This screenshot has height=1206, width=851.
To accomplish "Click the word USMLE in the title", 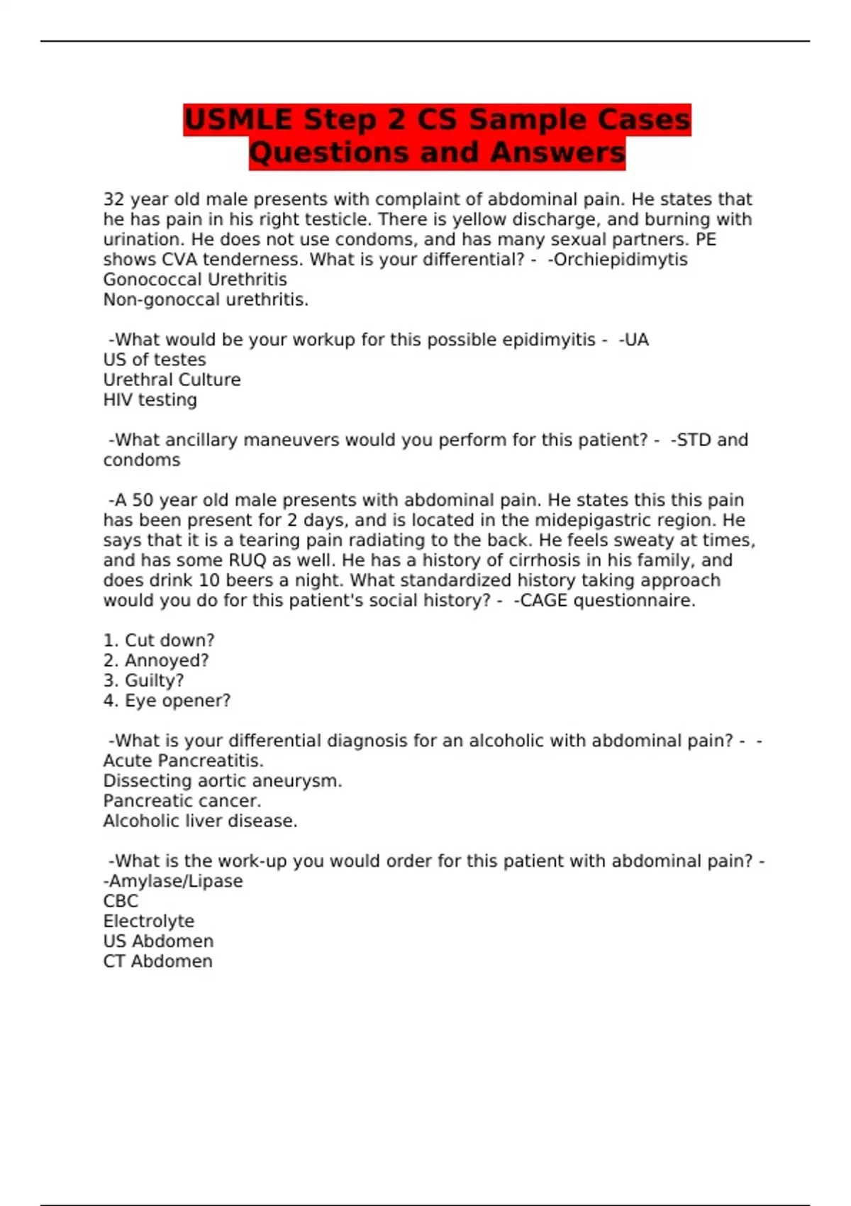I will pos(238,119).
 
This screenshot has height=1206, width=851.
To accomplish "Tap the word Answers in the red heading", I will pos(557,153).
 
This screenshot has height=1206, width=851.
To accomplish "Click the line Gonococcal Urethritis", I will pos(195,280).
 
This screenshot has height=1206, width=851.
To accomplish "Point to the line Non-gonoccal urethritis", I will pos(206,300).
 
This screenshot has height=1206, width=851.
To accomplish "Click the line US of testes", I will pos(155,360).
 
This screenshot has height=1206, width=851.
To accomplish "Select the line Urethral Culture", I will pos(172,380).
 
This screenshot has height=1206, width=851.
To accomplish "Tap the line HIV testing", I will pos(150,400).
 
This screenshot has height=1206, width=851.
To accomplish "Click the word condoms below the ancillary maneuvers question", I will pos(142,460).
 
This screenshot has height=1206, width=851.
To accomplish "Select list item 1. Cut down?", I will pos(159,641).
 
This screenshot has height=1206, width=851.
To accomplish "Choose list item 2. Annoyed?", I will pos(156,660).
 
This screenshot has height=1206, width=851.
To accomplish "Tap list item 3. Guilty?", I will pos(143,680).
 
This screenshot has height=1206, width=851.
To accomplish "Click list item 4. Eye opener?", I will pos(167,701).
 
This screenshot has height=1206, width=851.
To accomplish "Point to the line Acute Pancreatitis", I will pos(183,761).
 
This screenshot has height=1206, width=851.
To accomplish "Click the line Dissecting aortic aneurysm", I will pos(222,781).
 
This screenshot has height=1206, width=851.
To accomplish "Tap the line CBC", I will pos(121,901).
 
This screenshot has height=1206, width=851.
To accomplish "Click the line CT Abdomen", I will pos(157,961).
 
